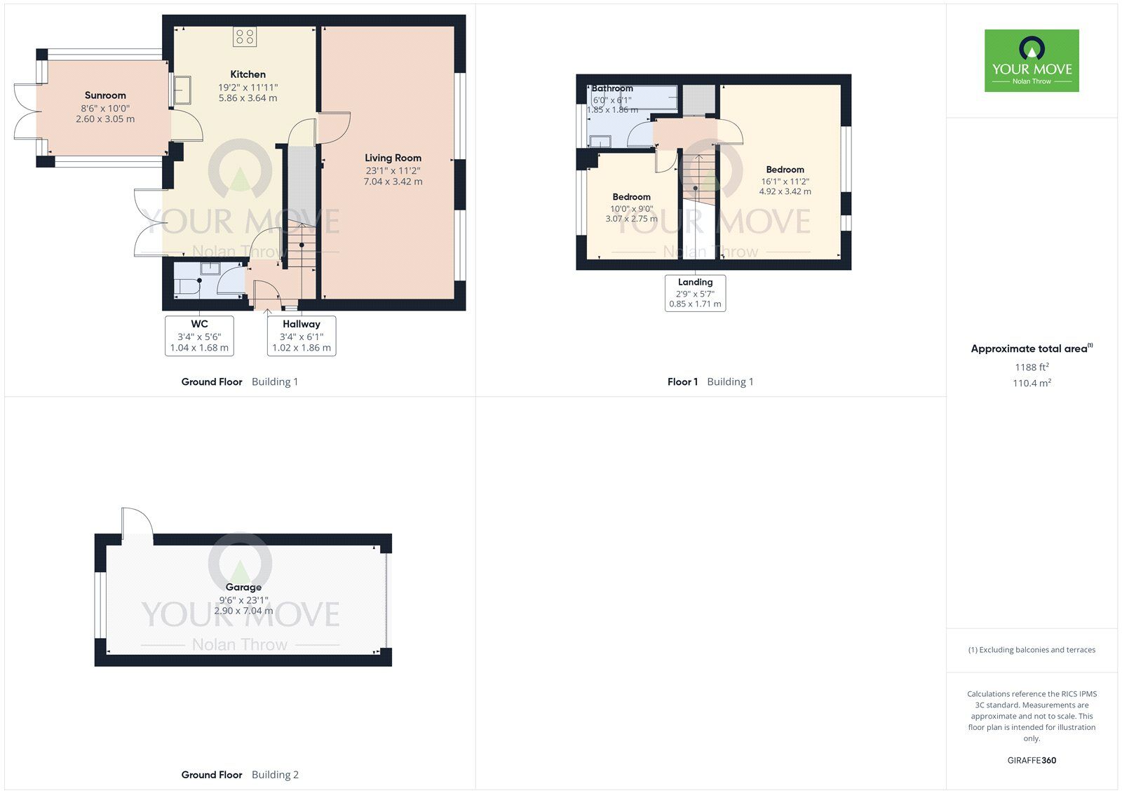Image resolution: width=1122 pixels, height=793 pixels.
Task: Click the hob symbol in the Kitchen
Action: click(x=245, y=36)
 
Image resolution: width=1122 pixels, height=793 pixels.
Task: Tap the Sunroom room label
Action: click(x=105, y=95)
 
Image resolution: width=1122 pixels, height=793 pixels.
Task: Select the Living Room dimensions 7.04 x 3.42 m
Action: click(x=393, y=182)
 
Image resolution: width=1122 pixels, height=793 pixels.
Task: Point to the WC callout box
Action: click(x=199, y=336)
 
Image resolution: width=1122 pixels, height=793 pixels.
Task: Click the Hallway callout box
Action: click(x=302, y=336)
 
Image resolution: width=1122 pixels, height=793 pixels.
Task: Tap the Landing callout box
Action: click(x=695, y=293)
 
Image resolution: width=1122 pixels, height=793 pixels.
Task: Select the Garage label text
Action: click(x=243, y=588)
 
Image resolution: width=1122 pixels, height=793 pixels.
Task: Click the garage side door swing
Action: click(x=137, y=522)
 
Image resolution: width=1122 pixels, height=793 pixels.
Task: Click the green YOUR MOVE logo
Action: click(x=1032, y=61)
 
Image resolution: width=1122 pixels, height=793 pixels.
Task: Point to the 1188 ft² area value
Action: click(x=1032, y=367)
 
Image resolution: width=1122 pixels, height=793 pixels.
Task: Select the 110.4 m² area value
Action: click(x=1032, y=384)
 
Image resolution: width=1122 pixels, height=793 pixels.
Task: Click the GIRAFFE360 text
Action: click(x=1032, y=760)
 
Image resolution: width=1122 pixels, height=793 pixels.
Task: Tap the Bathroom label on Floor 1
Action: click(x=612, y=89)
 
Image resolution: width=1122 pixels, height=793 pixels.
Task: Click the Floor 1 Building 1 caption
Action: click(x=710, y=382)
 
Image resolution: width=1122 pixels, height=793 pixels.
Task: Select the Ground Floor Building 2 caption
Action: click(x=240, y=775)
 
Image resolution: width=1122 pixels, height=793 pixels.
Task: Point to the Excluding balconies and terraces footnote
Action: click(x=1032, y=650)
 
